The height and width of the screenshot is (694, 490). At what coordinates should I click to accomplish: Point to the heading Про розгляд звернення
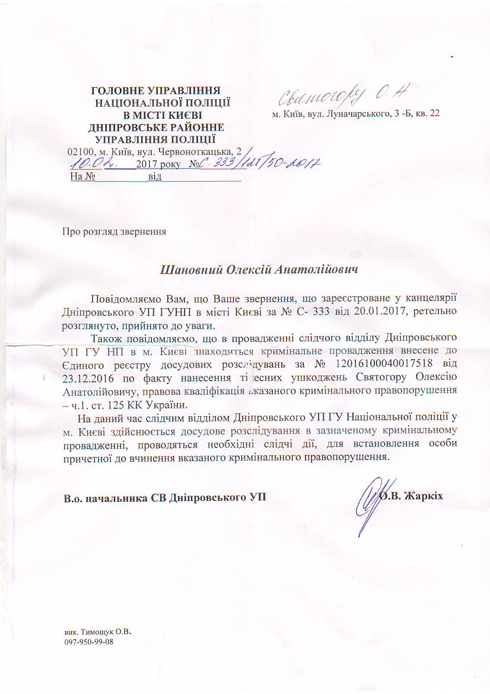pyautogui.click(x=114, y=231)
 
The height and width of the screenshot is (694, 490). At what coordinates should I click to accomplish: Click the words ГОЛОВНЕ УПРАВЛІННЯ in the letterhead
pyautogui.click(x=155, y=91)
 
